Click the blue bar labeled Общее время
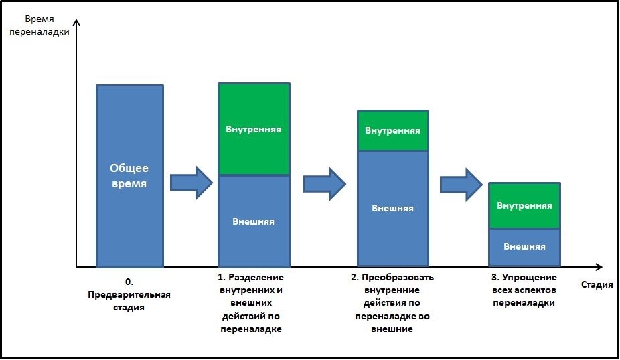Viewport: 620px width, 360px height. (130, 176)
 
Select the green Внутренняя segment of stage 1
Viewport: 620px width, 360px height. (254, 129)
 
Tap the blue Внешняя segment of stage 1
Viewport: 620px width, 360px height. (254, 221)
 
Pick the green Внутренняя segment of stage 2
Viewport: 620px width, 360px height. (393, 130)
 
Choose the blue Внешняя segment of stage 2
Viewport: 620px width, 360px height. (393, 209)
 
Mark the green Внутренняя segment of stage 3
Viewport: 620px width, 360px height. (525, 205)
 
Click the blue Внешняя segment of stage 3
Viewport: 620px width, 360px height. (525, 248)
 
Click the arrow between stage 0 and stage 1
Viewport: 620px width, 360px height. (191, 183)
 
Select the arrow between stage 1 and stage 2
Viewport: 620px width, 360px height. (325, 184)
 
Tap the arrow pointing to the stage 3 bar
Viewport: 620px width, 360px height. (461, 185)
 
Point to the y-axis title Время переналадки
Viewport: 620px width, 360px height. (40, 25)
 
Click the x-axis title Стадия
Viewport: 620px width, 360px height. (597, 284)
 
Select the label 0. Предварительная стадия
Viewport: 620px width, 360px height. (129, 295)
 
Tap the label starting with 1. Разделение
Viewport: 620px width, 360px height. (251, 303)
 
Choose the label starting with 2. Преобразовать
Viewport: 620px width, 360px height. (392, 303)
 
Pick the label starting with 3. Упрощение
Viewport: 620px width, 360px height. (524, 290)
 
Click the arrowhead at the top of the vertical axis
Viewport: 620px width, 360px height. (77, 21)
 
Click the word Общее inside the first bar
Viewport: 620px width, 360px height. (129, 169)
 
